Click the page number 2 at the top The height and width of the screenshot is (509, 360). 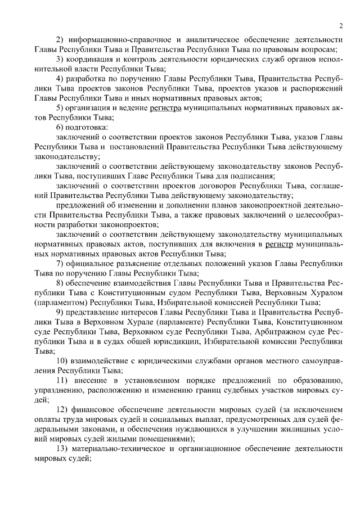pos(341,25)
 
